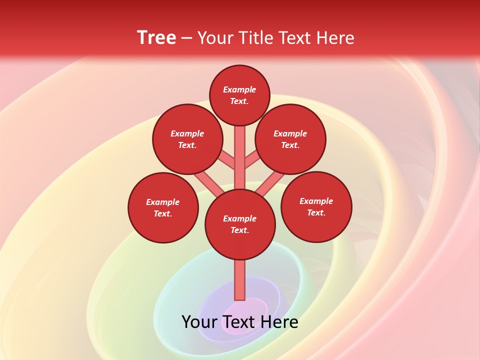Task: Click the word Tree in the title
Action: pos(156,37)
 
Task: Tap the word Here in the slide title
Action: pos(334,37)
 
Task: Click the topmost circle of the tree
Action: pos(239,95)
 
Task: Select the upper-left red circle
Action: pos(187,139)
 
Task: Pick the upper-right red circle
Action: pos(290,139)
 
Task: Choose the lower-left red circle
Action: pos(163,207)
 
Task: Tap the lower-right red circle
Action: pos(316,206)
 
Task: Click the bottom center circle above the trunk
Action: pos(240,224)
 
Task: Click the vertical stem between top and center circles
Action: pos(240,157)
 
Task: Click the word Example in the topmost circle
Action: pos(239,89)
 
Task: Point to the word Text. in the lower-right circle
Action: pos(316,212)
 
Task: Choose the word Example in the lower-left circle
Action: pos(162,202)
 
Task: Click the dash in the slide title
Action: pos(186,38)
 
